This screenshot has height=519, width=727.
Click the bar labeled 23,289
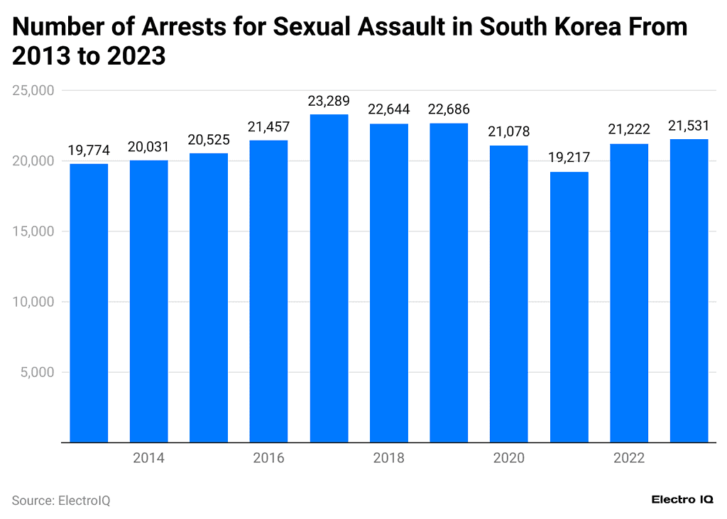329,278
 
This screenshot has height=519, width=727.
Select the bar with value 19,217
569,307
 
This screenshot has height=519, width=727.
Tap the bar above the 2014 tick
148,301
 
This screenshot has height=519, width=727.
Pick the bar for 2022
629,293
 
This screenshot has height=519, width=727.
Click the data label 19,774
89,151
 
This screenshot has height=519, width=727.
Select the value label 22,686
449,110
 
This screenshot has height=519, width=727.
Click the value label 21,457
268,127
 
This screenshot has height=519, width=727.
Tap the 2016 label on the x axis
268,458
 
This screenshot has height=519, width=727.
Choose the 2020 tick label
509,458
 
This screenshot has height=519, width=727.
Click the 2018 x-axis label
388,458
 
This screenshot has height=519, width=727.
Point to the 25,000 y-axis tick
33,91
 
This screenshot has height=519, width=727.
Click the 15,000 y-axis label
33,231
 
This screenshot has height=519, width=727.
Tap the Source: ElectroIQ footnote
61,501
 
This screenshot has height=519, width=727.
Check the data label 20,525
209,140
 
